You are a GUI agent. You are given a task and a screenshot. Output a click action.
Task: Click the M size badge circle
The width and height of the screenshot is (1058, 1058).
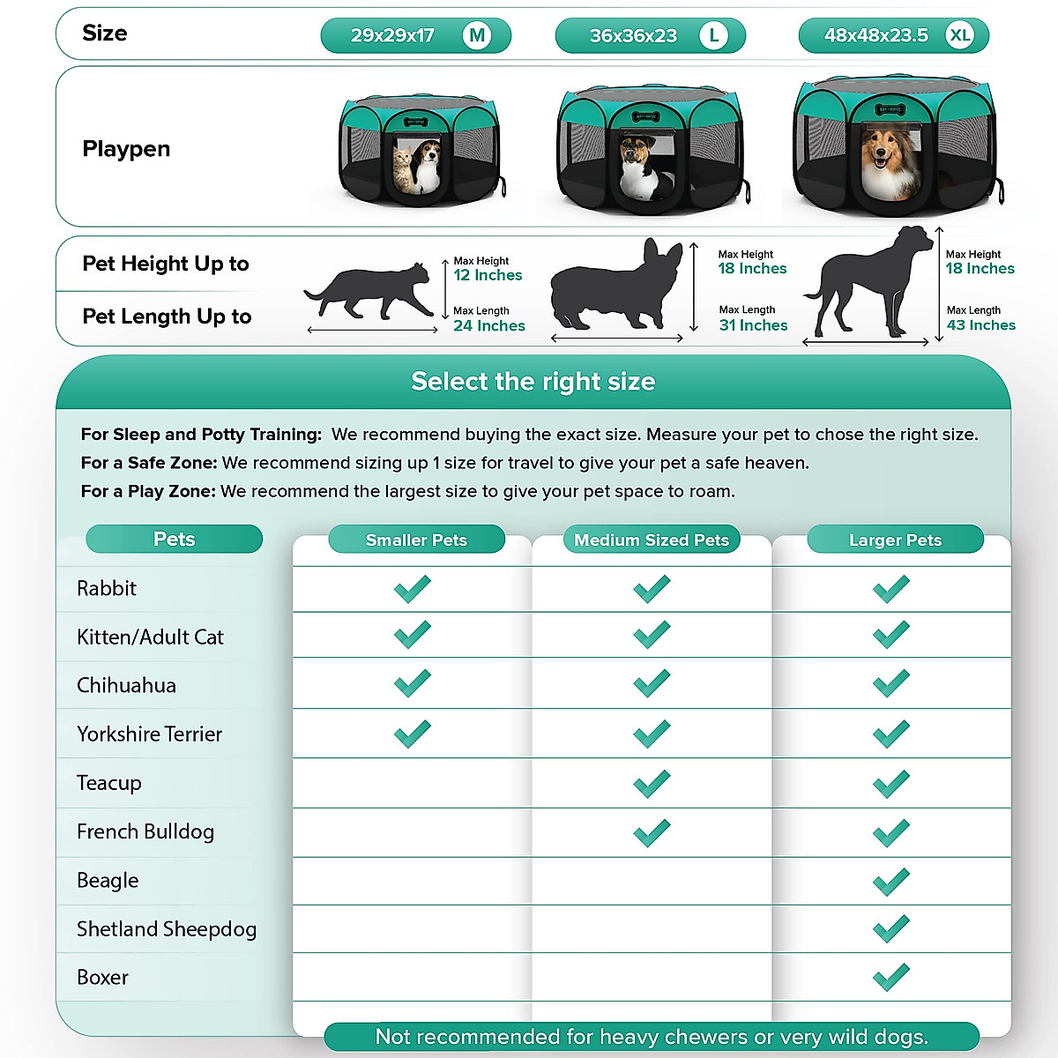(x=477, y=36)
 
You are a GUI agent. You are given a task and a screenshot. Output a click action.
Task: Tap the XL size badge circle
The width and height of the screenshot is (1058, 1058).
(x=959, y=36)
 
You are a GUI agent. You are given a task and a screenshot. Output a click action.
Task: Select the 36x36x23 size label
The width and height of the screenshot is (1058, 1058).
(x=633, y=36)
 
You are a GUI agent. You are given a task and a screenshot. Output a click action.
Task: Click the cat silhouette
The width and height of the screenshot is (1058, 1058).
(x=369, y=291)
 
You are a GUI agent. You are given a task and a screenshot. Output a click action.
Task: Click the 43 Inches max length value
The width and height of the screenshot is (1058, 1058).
(x=980, y=325)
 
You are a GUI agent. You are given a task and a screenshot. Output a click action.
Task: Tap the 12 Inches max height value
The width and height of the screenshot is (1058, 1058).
(x=488, y=275)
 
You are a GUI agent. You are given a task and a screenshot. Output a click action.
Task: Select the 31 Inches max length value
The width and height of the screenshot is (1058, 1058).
(x=753, y=325)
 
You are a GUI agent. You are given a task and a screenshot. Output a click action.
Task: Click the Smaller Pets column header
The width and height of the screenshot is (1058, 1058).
(x=416, y=540)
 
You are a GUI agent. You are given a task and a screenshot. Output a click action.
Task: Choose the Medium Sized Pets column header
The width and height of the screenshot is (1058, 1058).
(x=652, y=540)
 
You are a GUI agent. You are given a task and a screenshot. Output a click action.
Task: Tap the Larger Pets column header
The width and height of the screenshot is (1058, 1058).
(x=895, y=540)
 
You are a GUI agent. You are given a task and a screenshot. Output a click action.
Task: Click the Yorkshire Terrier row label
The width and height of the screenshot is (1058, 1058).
(x=149, y=734)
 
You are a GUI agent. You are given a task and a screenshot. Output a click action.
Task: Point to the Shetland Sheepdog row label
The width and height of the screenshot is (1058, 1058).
(x=167, y=928)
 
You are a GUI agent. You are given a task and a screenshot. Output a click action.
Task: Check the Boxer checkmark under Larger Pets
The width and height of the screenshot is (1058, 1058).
(x=890, y=977)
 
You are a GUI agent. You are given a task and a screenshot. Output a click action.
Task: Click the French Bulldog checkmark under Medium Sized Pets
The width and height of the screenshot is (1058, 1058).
(x=652, y=832)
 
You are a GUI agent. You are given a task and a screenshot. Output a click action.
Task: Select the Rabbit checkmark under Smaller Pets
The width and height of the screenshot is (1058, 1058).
(x=412, y=588)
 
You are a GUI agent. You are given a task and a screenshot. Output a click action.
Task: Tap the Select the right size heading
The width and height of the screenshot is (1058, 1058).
(x=533, y=382)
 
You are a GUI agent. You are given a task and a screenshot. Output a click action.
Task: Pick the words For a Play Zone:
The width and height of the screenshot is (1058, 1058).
(x=148, y=491)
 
